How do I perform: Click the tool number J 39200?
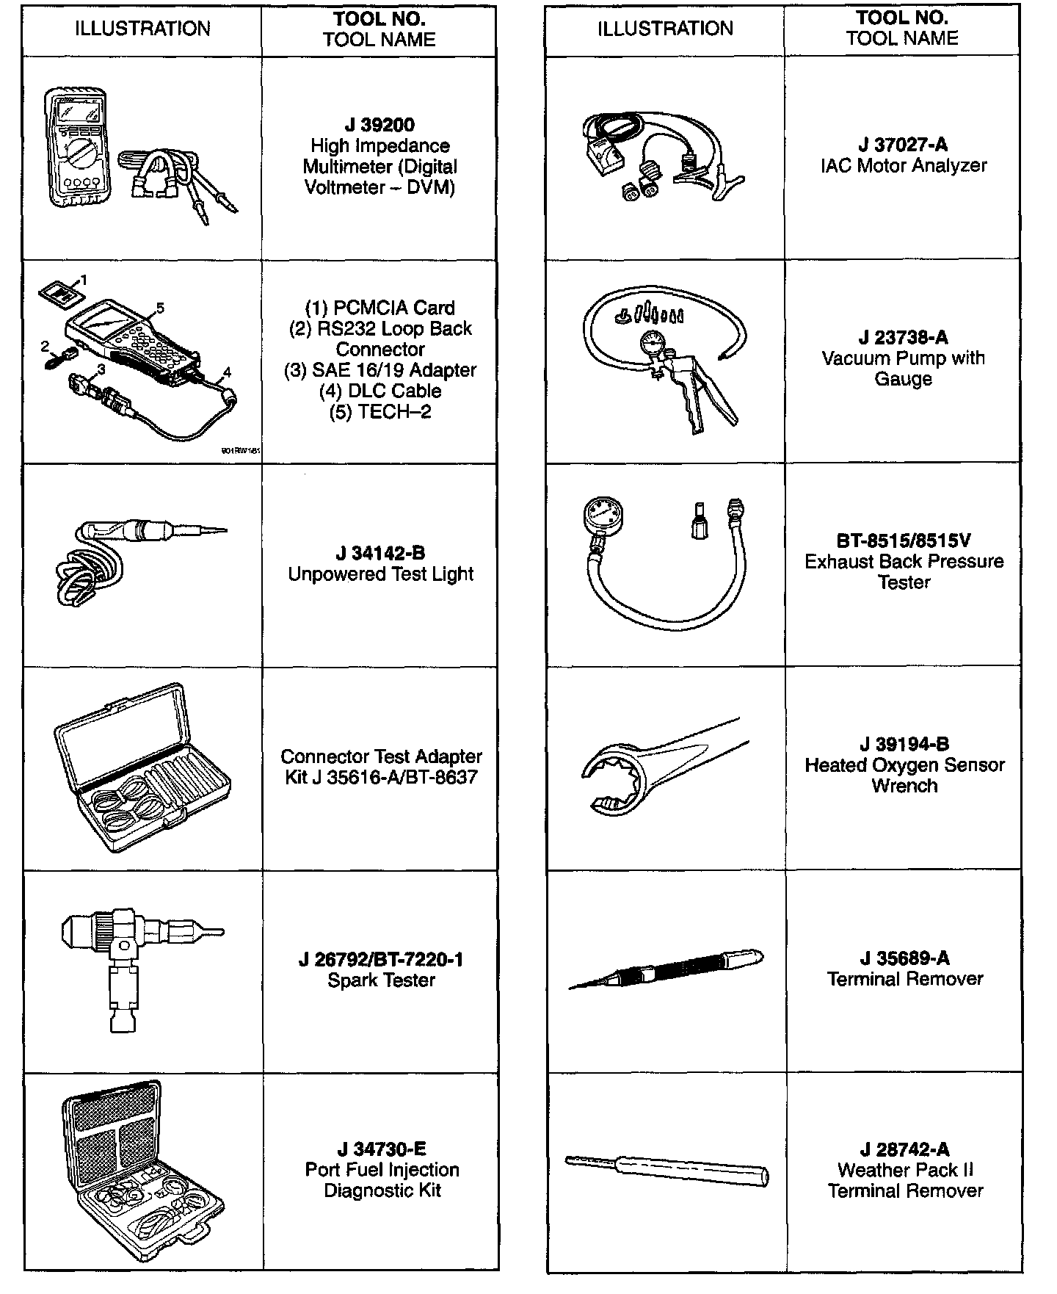[x=379, y=125]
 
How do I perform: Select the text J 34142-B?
[x=380, y=553]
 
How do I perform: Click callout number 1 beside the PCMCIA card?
[x=84, y=280]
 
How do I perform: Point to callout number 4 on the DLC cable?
[x=227, y=372]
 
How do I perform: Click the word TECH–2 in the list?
[x=394, y=412]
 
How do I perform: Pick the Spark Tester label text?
[x=381, y=980]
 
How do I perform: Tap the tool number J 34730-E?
[x=382, y=1149]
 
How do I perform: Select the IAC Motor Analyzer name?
[x=904, y=165]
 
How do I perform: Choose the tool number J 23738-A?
[x=904, y=338]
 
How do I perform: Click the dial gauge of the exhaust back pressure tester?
[x=605, y=512]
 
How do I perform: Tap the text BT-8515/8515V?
[x=904, y=541]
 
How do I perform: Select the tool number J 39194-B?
[x=904, y=745]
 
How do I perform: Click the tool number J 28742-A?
[x=904, y=1149]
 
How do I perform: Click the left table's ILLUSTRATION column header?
[x=142, y=29]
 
